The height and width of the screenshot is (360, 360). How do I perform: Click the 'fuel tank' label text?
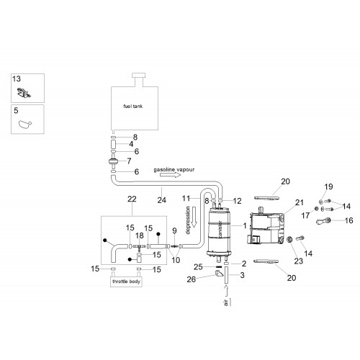(x=132, y=106)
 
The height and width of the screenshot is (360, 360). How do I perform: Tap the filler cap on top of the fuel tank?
(x=139, y=76)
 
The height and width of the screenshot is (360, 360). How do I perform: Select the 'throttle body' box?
(x=126, y=282)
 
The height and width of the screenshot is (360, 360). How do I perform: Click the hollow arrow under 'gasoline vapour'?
(x=170, y=175)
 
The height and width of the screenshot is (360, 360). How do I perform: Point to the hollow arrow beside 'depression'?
(x=194, y=217)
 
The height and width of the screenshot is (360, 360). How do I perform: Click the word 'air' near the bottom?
(x=226, y=303)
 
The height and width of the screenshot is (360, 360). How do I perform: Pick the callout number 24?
(x=161, y=200)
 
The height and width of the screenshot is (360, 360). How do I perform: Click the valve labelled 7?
(x=113, y=161)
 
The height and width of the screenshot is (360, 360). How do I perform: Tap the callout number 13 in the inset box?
(x=17, y=78)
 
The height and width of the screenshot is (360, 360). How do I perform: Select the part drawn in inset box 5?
(x=24, y=125)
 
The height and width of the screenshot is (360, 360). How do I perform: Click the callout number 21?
(x=300, y=202)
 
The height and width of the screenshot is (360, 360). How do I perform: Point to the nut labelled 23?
(x=289, y=239)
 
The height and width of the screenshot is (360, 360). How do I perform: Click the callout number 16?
(x=348, y=220)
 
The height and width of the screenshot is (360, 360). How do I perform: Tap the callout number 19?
(x=328, y=186)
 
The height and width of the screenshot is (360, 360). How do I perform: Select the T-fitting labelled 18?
(x=139, y=247)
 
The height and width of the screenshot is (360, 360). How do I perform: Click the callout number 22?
(x=132, y=199)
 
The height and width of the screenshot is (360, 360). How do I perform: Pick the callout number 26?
(x=192, y=279)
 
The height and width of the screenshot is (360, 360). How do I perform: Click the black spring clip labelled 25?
(x=218, y=266)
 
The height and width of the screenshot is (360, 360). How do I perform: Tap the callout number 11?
(x=186, y=198)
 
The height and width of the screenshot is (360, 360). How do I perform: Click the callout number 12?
(x=237, y=201)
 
